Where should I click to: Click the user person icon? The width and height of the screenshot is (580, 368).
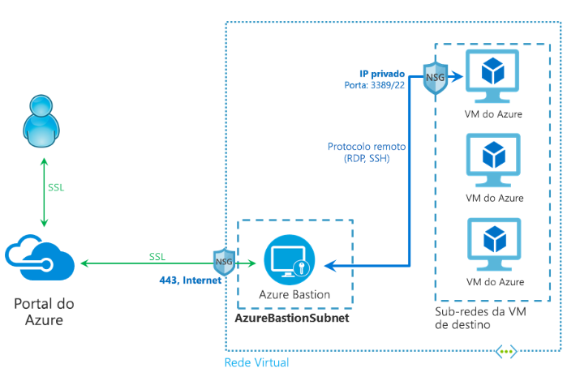pos(41,121)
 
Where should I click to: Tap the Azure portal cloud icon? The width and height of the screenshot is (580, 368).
pos(40,257)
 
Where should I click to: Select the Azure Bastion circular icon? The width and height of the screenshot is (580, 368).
pos(290,259)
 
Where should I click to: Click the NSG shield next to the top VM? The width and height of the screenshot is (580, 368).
pos(436,78)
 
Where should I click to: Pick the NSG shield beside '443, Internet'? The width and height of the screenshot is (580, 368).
pos(224,262)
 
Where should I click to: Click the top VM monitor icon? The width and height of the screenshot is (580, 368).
pos(492,76)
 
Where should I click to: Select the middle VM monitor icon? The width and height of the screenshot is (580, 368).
pos(493,160)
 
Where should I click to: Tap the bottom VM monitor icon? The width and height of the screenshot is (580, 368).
pos(494,244)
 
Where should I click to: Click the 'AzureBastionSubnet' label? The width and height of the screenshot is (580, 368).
pos(292,318)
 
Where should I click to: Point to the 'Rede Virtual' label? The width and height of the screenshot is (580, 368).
pos(256,362)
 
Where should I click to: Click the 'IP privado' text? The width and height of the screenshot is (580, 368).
pos(382,74)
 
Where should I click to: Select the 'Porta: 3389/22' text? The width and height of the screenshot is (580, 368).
pos(374,85)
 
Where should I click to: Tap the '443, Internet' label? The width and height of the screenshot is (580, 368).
pos(191,280)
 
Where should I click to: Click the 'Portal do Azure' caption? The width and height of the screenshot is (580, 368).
pos(44,312)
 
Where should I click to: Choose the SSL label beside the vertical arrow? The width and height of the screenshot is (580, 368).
pos(56,188)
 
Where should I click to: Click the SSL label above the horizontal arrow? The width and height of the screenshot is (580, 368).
pos(157,257)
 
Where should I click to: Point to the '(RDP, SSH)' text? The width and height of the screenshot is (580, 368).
pos(367,159)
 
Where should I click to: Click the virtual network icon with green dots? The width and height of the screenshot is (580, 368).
pos(506,352)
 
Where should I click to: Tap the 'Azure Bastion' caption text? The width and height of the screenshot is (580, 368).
pos(294,295)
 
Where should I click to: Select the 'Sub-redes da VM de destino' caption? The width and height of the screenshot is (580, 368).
pos(480,318)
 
